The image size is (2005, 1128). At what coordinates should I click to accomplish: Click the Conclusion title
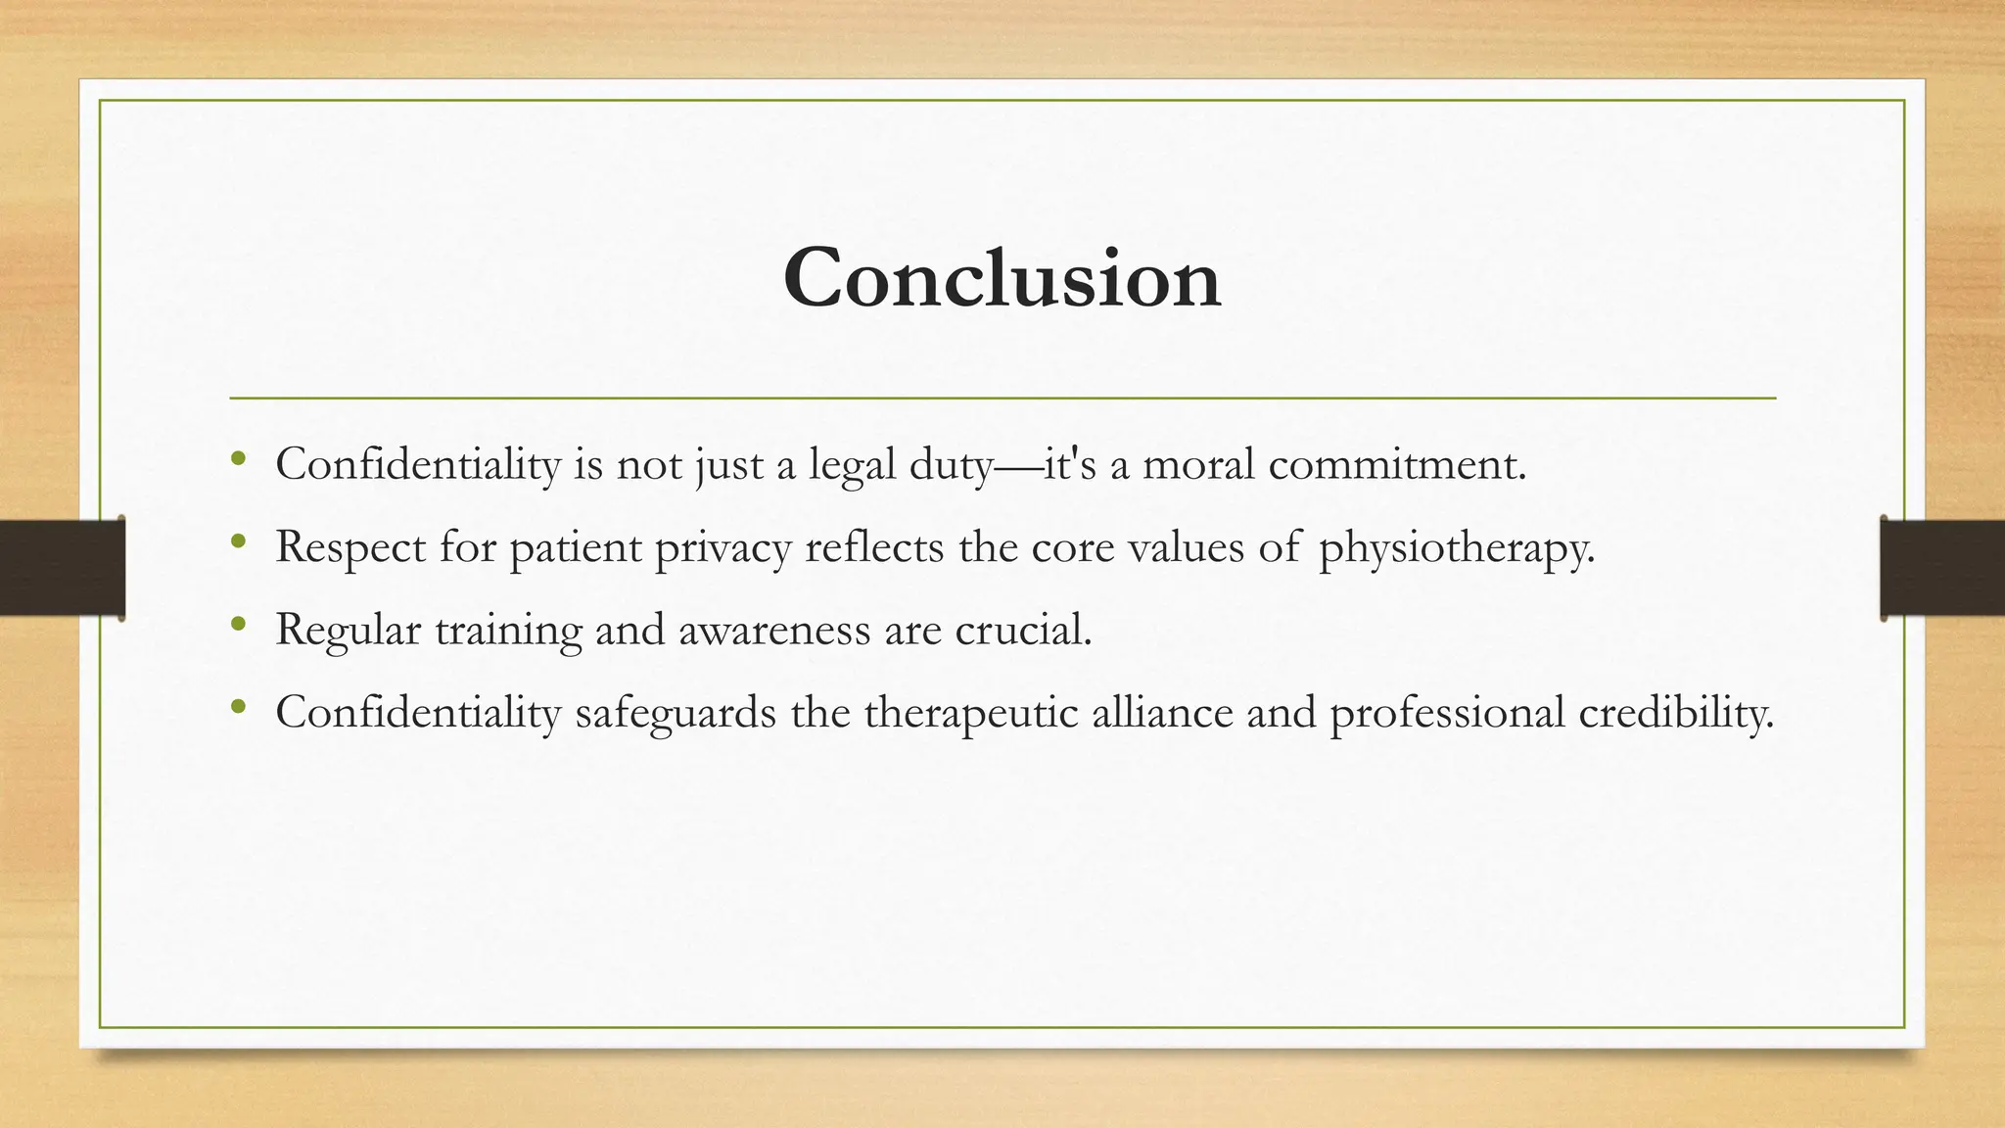[x=1002, y=278]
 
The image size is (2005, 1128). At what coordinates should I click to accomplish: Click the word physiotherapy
[x=1456, y=547]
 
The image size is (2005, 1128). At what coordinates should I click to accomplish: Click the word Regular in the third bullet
[x=348, y=630]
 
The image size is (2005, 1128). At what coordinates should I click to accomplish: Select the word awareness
[x=773, y=630]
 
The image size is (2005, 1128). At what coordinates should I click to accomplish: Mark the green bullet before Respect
[x=238, y=540]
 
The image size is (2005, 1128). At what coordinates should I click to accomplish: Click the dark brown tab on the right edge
[x=1942, y=568]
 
